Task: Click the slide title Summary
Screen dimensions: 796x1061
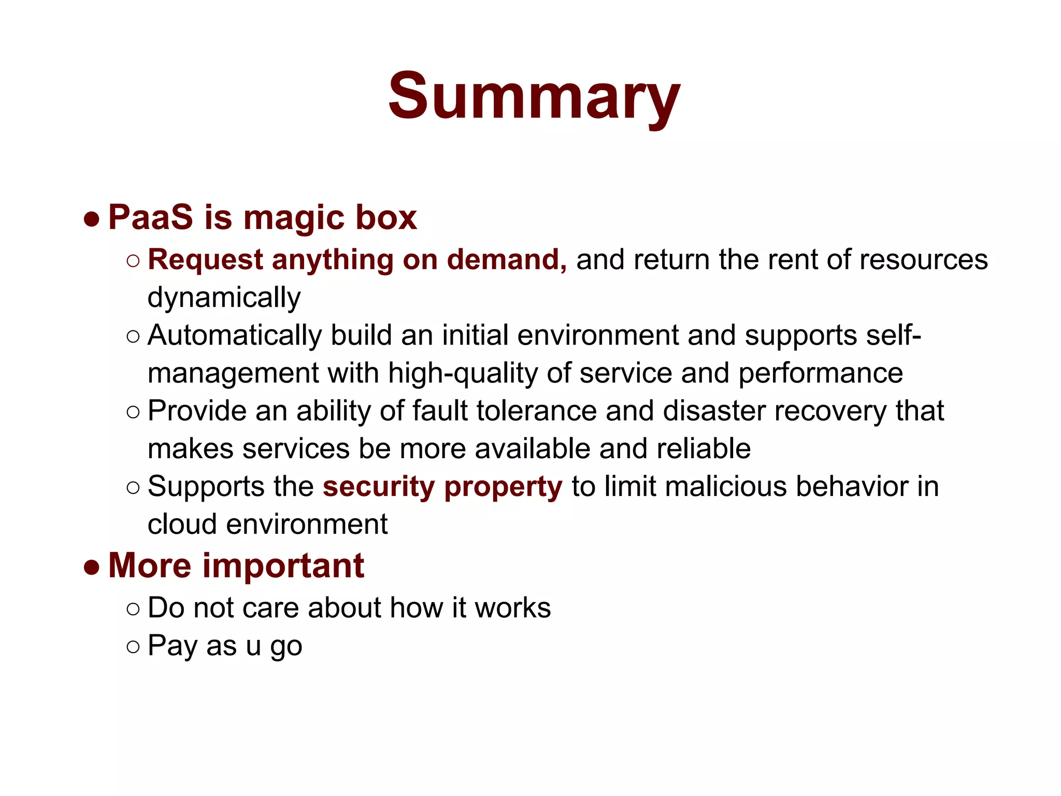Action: pyautogui.click(x=534, y=96)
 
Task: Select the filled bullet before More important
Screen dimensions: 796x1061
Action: pyautogui.click(x=92, y=567)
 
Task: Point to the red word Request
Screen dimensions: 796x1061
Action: pyautogui.click(x=205, y=260)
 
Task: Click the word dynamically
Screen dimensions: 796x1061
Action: pyautogui.click(x=224, y=298)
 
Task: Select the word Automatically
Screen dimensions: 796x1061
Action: pyautogui.click(x=234, y=335)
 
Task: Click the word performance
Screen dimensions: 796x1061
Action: pyautogui.click(x=820, y=373)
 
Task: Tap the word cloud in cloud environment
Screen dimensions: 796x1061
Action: pyautogui.click(x=182, y=524)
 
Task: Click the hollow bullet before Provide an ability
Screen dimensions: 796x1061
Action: pyautogui.click(x=133, y=412)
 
